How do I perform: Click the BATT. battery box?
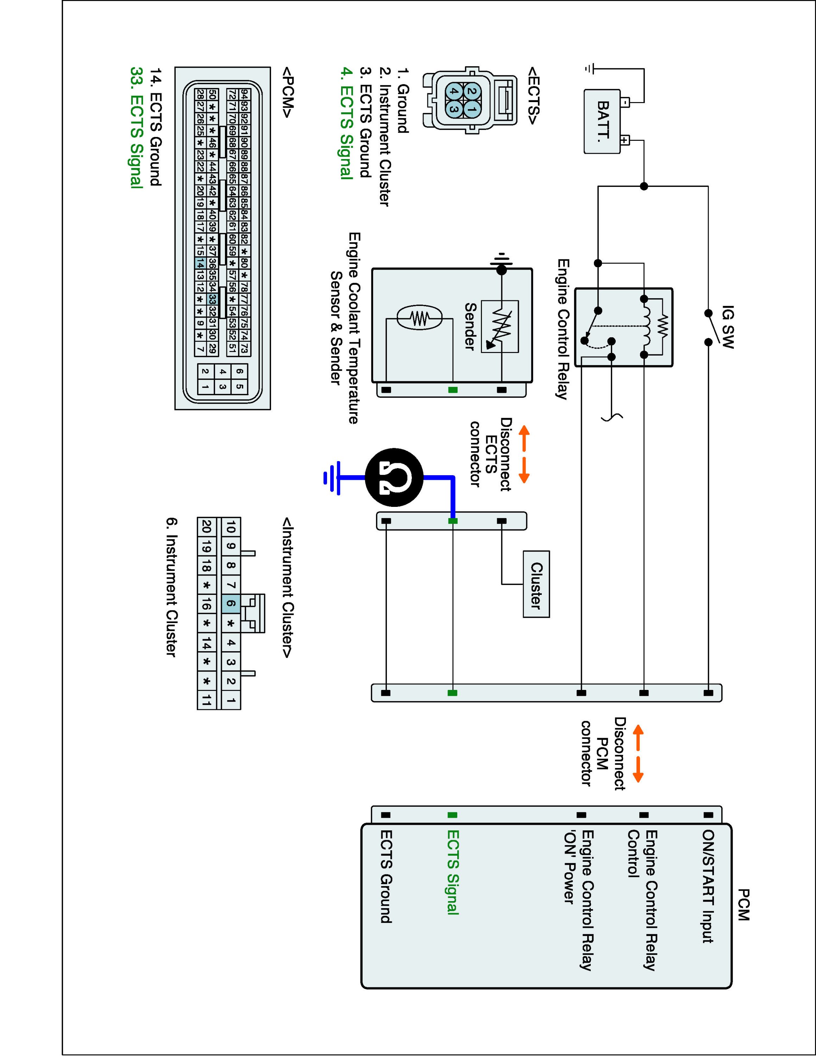(x=602, y=122)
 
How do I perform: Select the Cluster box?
(x=536, y=584)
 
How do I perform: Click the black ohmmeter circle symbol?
(x=394, y=478)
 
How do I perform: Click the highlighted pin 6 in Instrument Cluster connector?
(x=231, y=603)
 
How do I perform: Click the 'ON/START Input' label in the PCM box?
(x=708, y=886)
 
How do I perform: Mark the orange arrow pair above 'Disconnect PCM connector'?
(x=638, y=753)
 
